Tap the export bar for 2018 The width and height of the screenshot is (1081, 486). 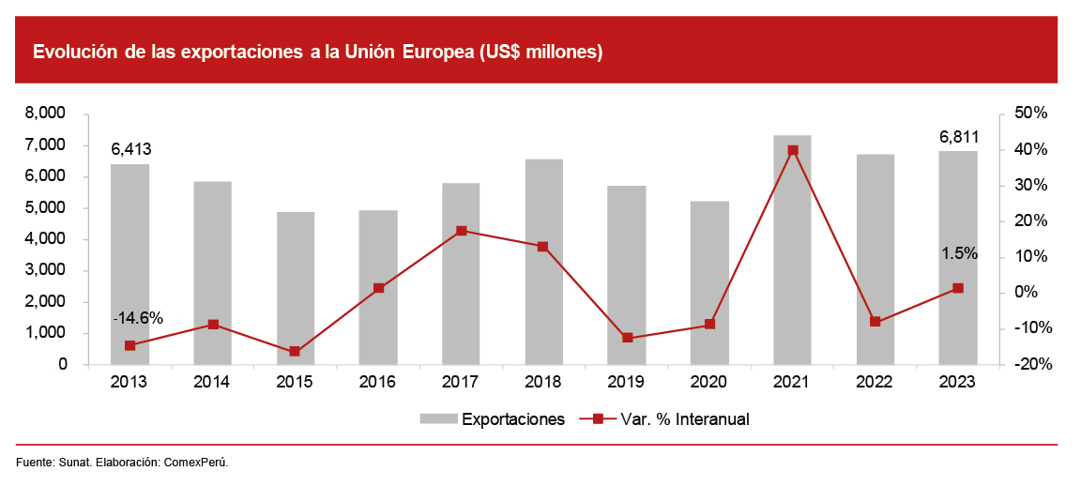543,262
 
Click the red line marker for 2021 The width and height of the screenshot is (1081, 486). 792,150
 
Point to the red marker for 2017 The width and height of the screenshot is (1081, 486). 461,231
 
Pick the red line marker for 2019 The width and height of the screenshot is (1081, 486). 627,338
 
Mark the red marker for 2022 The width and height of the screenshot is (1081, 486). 875,322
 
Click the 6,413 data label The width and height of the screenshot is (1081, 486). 130,149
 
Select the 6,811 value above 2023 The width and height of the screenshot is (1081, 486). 958,138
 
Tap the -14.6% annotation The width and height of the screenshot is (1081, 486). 138,318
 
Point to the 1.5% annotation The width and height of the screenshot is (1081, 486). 959,253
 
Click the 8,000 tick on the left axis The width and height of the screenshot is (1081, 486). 46,114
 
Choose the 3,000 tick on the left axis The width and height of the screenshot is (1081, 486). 46,270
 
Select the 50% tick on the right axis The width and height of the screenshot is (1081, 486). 1028,114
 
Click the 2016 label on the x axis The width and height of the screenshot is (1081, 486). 377,382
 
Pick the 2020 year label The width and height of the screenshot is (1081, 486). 708,382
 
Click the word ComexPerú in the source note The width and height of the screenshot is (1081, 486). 196,463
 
